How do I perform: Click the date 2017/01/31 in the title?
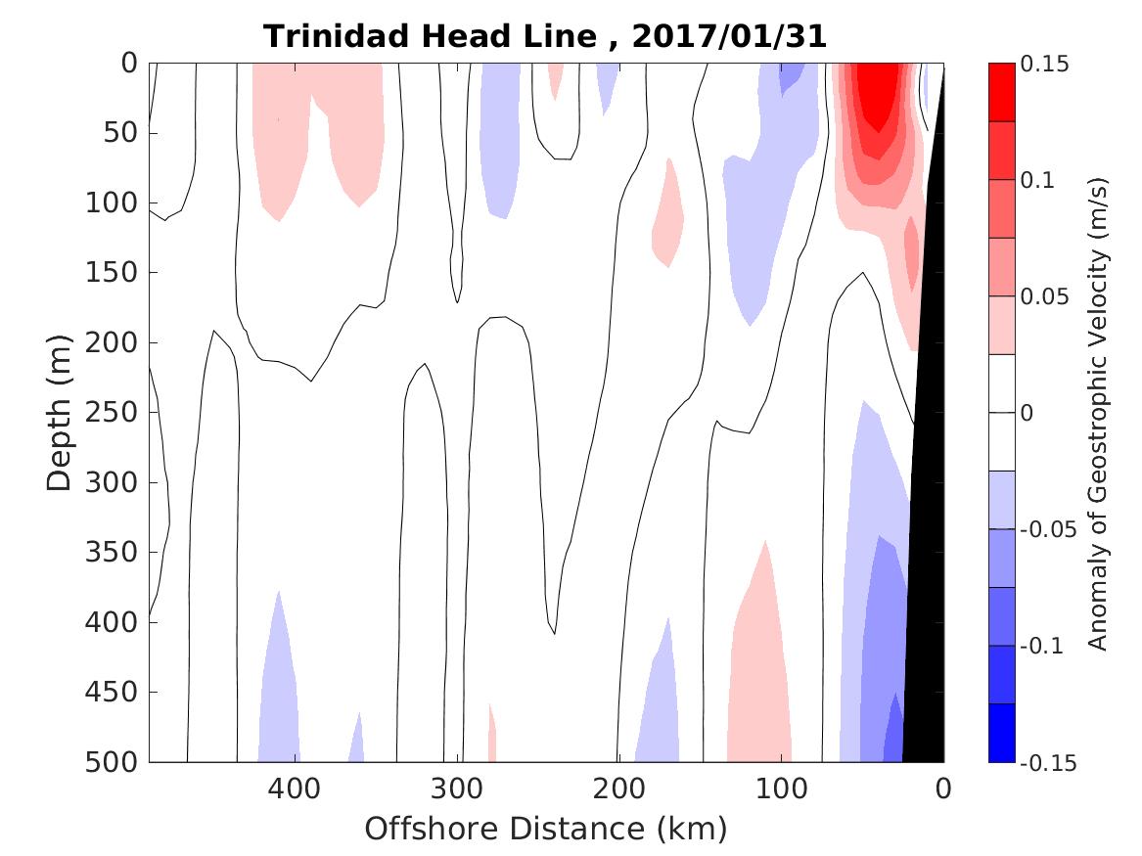click(x=729, y=37)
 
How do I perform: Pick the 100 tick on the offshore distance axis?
click(x=781, y=788)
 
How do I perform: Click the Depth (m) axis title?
click(x=60, y=413)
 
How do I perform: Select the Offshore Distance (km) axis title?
click(x=546, y=829)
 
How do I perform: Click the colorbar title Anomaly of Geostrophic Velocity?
click(x=1097, y=413)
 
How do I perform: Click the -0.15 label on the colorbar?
click(x=1045, y=763)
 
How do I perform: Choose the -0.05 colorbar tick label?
click(x=1045, y=530)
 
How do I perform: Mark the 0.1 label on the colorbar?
click(x=1037, y=180)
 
